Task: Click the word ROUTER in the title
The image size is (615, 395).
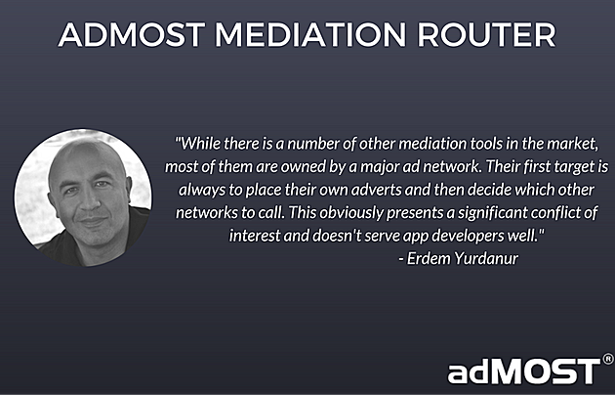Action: [x=486, y=34]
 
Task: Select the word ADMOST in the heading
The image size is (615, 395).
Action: [x=132, y=34]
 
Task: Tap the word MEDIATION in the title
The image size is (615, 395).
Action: [x=310, y=34]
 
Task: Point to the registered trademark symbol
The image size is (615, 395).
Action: [x=608, y=359]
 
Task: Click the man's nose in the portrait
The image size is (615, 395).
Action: [x=91, y=203]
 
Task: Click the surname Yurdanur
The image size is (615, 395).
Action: [x=485, y=259]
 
